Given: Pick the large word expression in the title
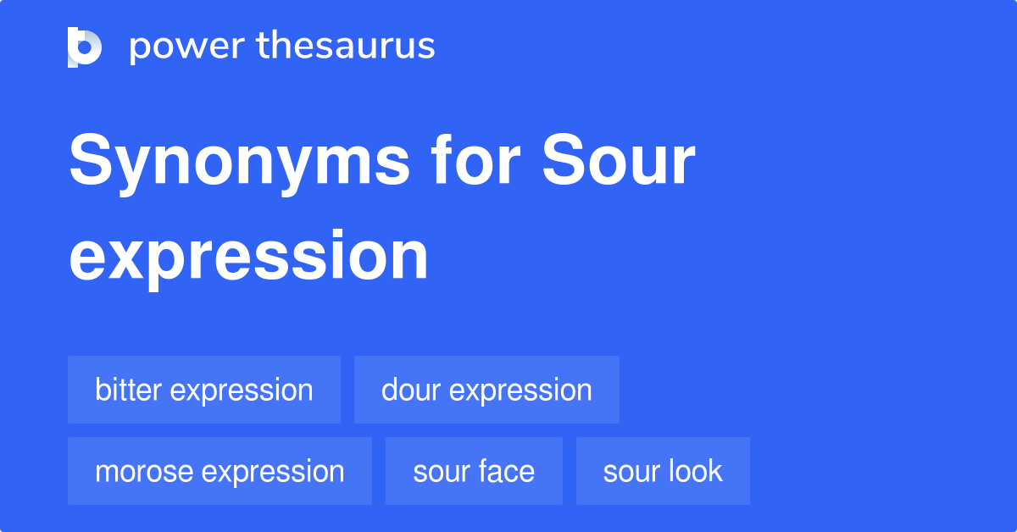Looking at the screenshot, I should coord(248,255).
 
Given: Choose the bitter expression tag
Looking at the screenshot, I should coord(204,390).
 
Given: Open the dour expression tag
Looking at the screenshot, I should coord(486,390).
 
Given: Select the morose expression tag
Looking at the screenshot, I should coord(220,471).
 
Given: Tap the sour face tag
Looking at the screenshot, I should coord(474,471).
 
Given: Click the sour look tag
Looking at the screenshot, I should coord(663,471).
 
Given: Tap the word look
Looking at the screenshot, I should coord(693,471).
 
